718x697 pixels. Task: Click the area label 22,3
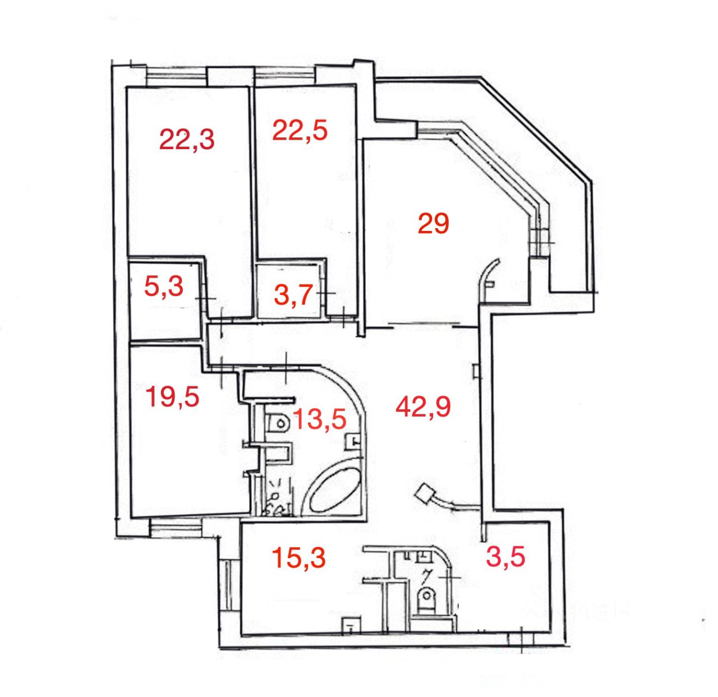(x=187, y=139)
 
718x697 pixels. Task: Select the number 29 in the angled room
(x=434, y=224)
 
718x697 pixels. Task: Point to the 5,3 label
(x=164, y=288)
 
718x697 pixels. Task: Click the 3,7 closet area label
(x=293, y=295)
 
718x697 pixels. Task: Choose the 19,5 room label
(x=172, y=397)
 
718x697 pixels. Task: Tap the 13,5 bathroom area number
(x=319, y=419)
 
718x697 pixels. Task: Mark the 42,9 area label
(x=423, y=407)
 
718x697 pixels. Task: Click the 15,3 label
(x=298, y=558)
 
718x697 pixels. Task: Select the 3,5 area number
(x=506, y=557)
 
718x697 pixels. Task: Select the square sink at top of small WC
(x=424, y=556)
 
